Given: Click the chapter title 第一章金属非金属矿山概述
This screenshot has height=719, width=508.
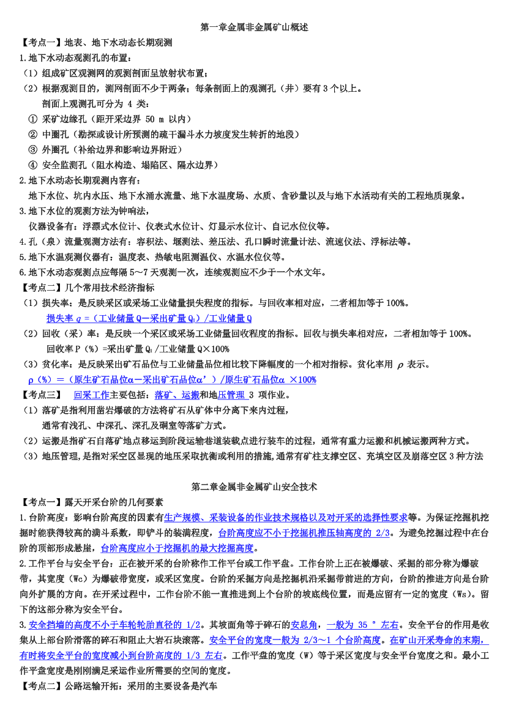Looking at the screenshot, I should click(254, 28).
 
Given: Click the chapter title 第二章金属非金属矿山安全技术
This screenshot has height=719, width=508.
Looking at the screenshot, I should click(254, 487).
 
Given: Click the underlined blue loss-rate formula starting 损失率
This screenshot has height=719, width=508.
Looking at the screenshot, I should click(149, 318).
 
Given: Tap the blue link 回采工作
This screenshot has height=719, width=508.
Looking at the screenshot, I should click(92, 395).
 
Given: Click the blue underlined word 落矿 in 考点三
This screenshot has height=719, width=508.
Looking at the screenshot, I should click(163, 395).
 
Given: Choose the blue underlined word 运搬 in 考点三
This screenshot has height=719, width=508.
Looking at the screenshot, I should click(191, 395).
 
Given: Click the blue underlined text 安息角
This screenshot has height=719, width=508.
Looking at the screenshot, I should click(304, 625).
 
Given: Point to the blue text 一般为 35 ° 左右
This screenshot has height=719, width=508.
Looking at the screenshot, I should click(362, 625).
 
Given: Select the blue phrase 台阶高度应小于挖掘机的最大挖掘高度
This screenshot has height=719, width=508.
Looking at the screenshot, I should click(177, 548).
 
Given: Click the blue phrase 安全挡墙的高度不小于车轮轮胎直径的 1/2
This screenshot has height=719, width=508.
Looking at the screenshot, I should click(114, 625).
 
